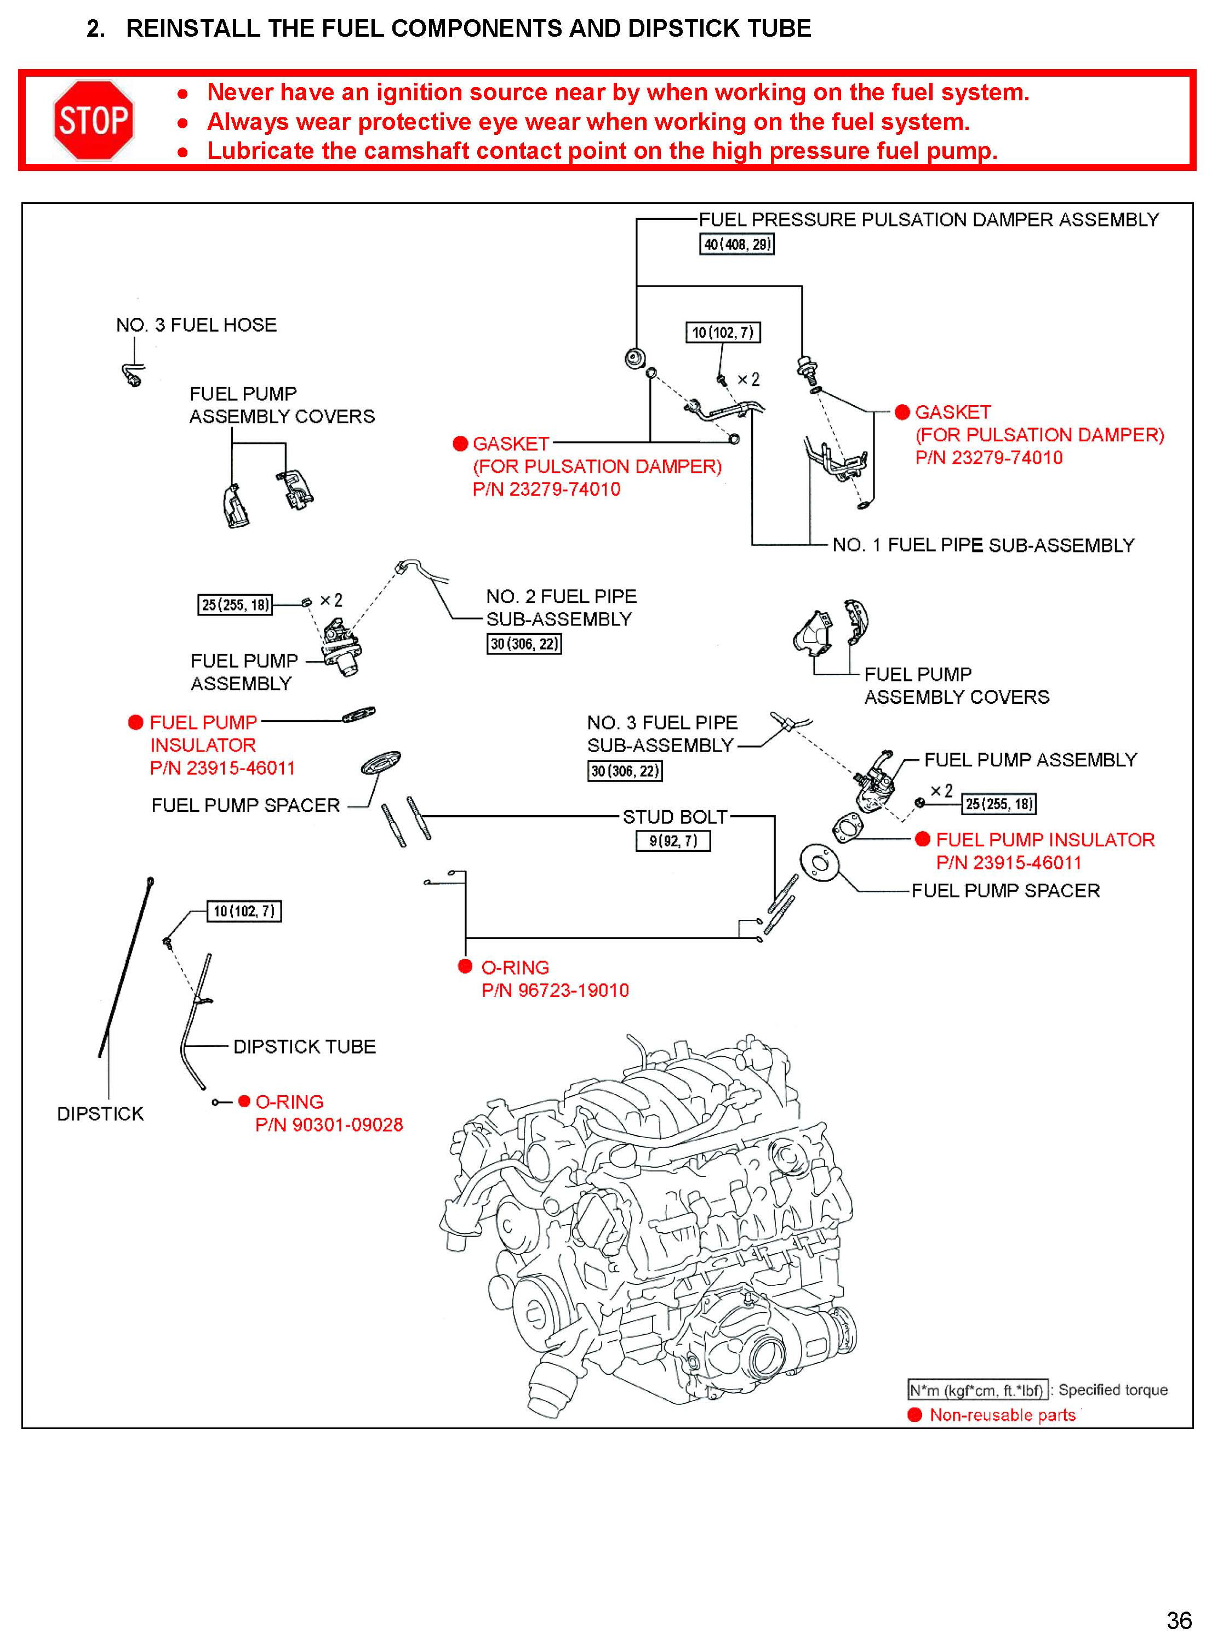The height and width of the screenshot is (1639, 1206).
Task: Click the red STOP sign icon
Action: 94,121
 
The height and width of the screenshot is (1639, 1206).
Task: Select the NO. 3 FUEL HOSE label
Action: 196,325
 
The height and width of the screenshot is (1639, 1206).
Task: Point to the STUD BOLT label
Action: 675,817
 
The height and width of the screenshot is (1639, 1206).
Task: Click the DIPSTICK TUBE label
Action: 305,1046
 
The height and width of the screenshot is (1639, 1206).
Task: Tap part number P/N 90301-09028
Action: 329,1125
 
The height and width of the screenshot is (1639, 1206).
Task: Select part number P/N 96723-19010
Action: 555,991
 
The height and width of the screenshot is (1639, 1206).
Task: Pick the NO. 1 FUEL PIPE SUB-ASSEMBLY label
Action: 982,545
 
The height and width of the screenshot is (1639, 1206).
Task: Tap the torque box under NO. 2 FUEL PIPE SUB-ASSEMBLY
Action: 524,644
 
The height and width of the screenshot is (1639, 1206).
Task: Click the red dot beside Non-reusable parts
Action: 914,1415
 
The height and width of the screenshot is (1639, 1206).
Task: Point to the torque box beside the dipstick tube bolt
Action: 244,911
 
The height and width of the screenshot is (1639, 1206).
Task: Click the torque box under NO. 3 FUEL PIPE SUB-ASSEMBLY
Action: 625,771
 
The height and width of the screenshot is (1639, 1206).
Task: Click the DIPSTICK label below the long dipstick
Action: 101,1114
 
